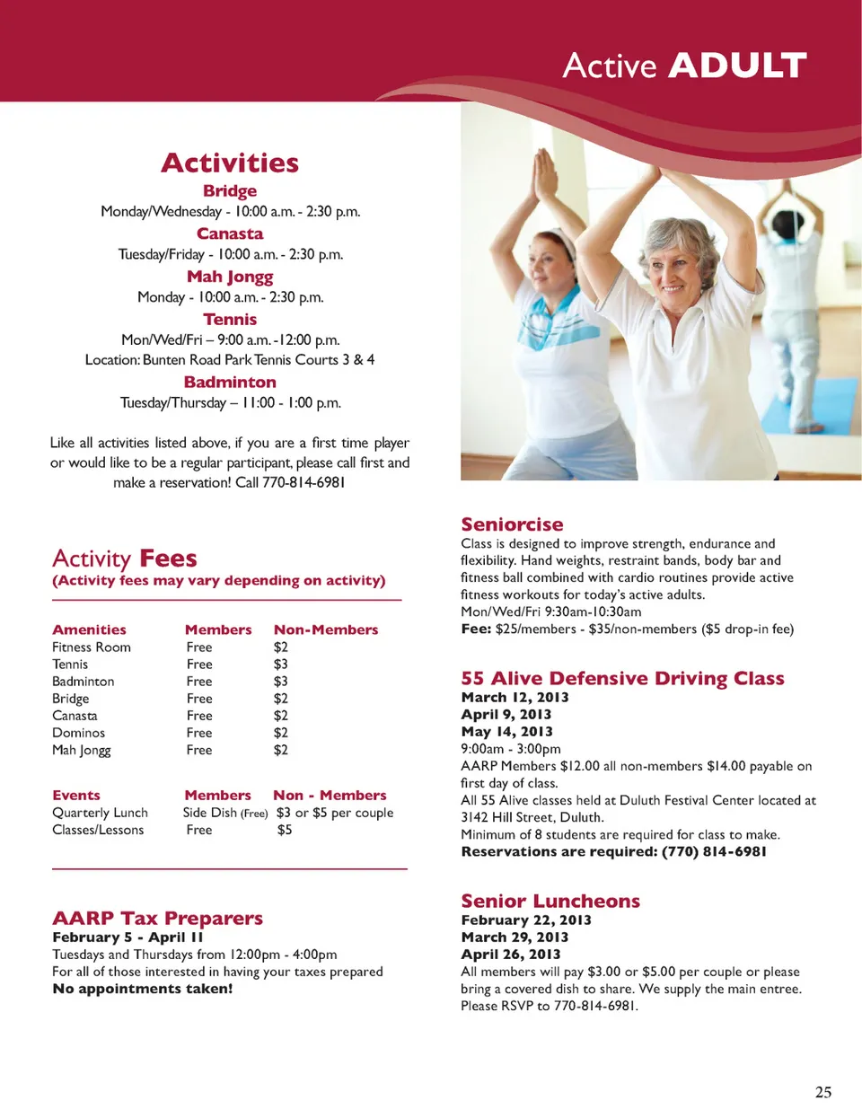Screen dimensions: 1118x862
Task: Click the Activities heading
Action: [230, 163]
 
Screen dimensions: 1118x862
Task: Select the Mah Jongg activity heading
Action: [230, 277]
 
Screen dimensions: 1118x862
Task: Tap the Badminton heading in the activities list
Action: [230, 382]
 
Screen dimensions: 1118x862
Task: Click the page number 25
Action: [822, 1092]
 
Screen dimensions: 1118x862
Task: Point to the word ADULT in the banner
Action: [737, 66]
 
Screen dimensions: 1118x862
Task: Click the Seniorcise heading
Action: [512, 524]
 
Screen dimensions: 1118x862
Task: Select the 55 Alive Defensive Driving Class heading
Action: [622, 678]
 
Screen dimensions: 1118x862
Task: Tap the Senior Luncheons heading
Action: [550, 901]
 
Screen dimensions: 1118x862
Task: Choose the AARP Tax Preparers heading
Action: [157, 918]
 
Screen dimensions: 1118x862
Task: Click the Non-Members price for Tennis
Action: [281, 665]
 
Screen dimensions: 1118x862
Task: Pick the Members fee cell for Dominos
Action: [199, 733]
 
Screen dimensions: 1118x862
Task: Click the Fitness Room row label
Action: [92, 647]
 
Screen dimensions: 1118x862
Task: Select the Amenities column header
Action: [89, 629]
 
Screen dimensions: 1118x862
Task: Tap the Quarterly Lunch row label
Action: [100, 813]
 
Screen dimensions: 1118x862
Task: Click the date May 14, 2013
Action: [506, 732]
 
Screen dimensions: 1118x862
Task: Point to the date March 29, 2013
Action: [515, 937]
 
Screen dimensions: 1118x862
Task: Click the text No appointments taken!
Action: [142, 989]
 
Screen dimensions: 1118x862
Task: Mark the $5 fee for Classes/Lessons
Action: [285, 830]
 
